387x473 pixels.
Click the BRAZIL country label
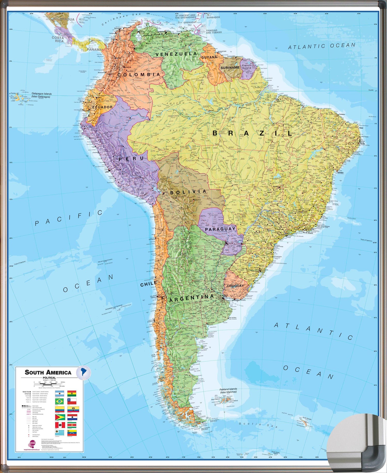[252, 133]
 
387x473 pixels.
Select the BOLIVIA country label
[188, 192]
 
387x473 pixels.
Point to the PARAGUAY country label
[220, 229]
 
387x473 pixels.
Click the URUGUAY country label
[235, 286]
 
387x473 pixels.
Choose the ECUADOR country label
[102, 107]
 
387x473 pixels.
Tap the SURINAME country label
[230, 68]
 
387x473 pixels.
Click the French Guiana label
[246, 67]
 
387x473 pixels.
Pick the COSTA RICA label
[58, 39]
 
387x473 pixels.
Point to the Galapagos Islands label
[42, 95]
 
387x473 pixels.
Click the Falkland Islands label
[228, 390]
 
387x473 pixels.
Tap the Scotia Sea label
[258, 425]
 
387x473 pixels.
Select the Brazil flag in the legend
[59, 401]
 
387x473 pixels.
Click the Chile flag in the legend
[72, 401]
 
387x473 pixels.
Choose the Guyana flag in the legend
[60, 417]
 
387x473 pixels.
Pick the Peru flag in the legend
[60, 425]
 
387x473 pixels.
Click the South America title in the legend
[48, 372]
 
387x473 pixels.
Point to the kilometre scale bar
[48, 384]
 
